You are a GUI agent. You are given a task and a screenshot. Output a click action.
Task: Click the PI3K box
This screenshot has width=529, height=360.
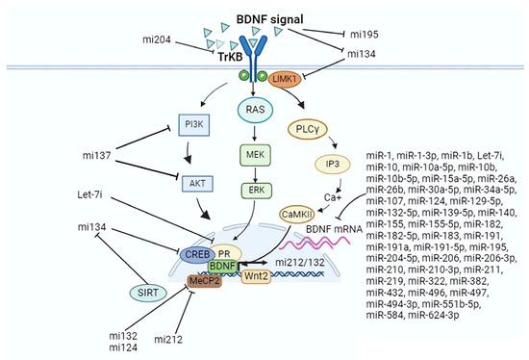193,124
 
